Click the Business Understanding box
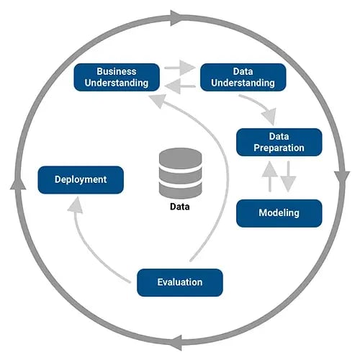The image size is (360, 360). tap(117, 77)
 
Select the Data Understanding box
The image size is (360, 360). tap(243, 77)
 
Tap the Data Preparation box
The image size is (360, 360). tap(279, 141)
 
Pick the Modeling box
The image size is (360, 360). tap(279, 213)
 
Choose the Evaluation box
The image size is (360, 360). tap(180, 282)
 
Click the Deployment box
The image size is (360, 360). tap(81, 179)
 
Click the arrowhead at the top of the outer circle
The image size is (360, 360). tap(176, 16)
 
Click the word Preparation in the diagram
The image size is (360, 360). tap(279, 148)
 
